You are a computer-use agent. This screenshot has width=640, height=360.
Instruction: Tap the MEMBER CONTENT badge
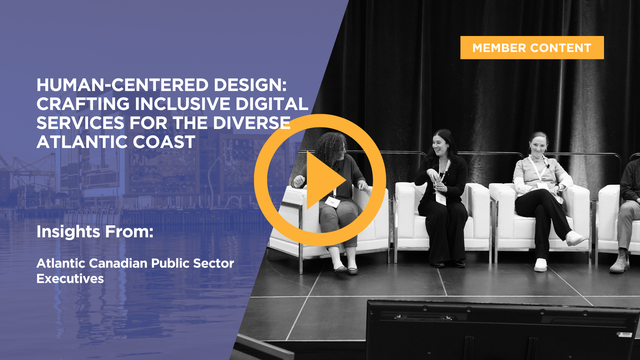(x=532, y=47)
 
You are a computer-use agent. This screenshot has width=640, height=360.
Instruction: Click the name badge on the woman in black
(x=440, y=197)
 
